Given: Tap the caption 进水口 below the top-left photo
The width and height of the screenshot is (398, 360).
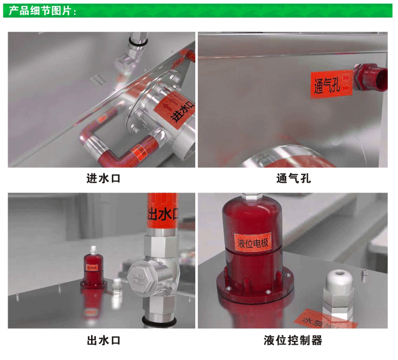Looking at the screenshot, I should [103, 178].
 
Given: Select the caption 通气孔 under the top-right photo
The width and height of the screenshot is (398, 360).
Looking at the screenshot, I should [293, 178].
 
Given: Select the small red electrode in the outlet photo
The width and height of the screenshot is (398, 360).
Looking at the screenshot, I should [92, 268].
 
